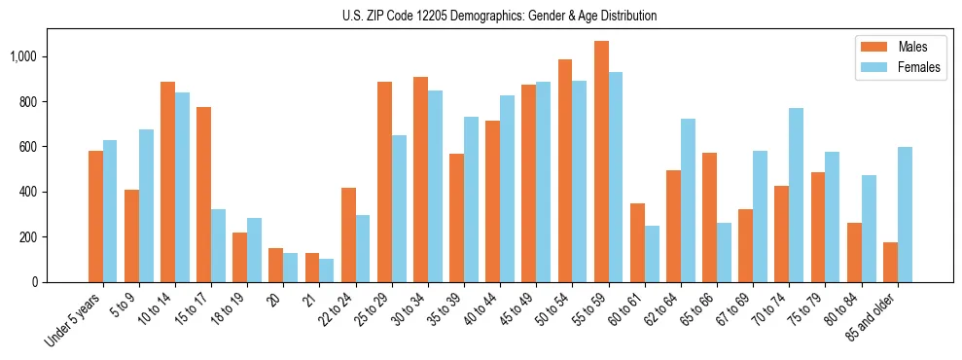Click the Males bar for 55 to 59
click(601, 162)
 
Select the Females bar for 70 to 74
click(797, 195)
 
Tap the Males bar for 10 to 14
click(168, 182)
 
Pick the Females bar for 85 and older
click(905, 214)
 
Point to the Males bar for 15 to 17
click(204, 195)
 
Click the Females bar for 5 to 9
click(146, 205)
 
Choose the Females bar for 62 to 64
click(688, 200)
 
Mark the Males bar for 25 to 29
click(384, 182)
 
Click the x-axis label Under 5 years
click(76, 321)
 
